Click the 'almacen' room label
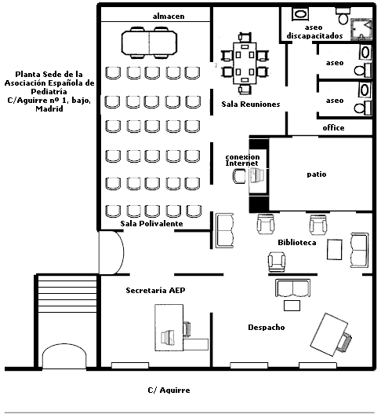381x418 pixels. (x=169, y=16)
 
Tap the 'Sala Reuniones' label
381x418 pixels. (x=251, y=104)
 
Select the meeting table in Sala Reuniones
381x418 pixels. (x=245, y=63)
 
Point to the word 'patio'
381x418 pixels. (x=317, y=174)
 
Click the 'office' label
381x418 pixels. (x=333, y=128)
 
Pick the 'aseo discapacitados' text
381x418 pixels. (x=314, y=31)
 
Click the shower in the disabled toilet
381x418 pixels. (x=361, y=29)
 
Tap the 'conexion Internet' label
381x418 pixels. (x=242, y=160)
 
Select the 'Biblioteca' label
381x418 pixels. (x=297, y=242)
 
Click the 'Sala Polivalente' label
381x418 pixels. (x=151, y=223)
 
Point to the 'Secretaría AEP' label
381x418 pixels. (x=155, y=290)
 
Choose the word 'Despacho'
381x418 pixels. (x=267, y=328)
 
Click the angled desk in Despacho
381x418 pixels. (x=328, y=335)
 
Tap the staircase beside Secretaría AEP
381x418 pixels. (x=67, y=294)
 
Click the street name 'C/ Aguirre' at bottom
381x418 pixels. (x=169, y=390)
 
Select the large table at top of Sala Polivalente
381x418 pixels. (x=149, y=42)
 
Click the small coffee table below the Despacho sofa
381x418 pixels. (x=292, y=306)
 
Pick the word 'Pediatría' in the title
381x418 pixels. (x=49, y=91)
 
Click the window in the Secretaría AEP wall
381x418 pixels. (x=130, y=365)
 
